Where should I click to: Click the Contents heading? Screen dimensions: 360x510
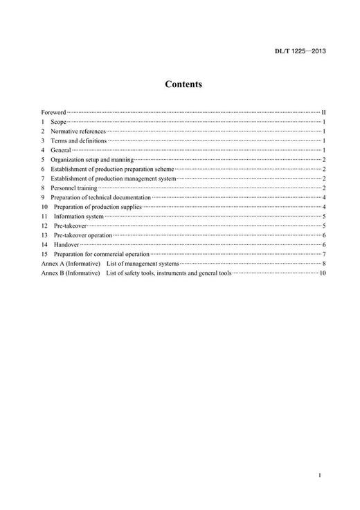pos(183,84)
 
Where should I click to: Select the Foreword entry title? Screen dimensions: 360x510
pos(53,111)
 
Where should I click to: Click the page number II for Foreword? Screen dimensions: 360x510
pos(323,111)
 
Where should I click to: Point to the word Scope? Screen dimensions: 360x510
pos(59,121)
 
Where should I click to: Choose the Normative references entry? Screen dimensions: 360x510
pos(78,131)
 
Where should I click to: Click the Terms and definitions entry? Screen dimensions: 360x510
pos(78,140)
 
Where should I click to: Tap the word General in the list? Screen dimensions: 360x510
pos(61,149)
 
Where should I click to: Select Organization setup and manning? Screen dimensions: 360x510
pos(91,159)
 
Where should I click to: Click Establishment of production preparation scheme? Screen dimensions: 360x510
pos(112,169)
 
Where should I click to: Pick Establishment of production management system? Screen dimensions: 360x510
pos(114,179)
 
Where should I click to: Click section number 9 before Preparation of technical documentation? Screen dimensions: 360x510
pos(43,197)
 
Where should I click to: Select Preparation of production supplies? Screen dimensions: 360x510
pos(98,207)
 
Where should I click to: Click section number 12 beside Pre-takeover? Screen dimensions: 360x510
pos(44,226)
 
